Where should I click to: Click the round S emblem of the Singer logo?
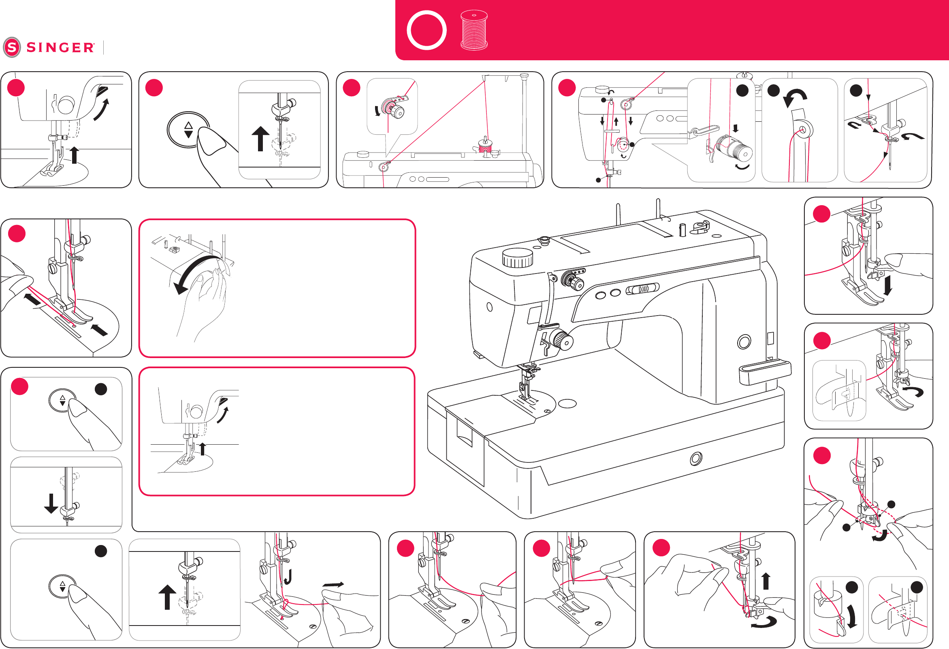[x=12, y=47]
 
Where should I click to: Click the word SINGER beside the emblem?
[x=60, y=48]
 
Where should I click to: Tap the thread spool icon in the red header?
[x=473, y=30]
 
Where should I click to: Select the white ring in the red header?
[x=427, y=30]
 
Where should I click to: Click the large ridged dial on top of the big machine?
[x=517, y=257]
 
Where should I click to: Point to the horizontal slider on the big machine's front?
[x=642, y=289]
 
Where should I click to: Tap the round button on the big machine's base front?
[x=696, y=458]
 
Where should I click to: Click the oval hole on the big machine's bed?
[x=567, y=403]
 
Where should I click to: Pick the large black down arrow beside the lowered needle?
[x=51, y=503]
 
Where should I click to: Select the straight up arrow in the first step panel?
[x=74, y=155]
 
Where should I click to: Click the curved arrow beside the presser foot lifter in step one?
[x=102, y=110]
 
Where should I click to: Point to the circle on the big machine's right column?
[x=744, y=342]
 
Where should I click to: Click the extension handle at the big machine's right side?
[x=764, y=372]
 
